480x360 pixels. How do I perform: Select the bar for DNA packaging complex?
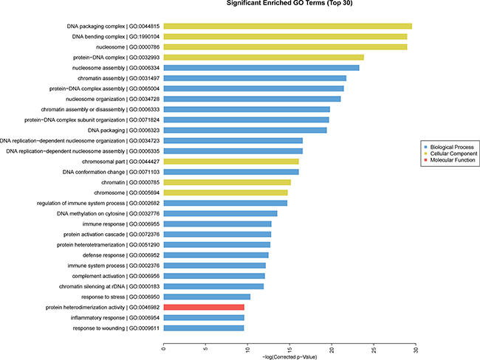click(287, 26)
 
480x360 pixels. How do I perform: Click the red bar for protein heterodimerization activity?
click(204, 307)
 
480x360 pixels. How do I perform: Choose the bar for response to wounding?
click(204, 328)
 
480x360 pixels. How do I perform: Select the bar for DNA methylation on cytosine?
click(220, 213)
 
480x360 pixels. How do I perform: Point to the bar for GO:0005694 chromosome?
click(225, 193)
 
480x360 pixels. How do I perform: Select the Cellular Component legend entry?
click(448, 153)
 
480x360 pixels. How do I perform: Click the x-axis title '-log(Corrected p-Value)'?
click(289, 355)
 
